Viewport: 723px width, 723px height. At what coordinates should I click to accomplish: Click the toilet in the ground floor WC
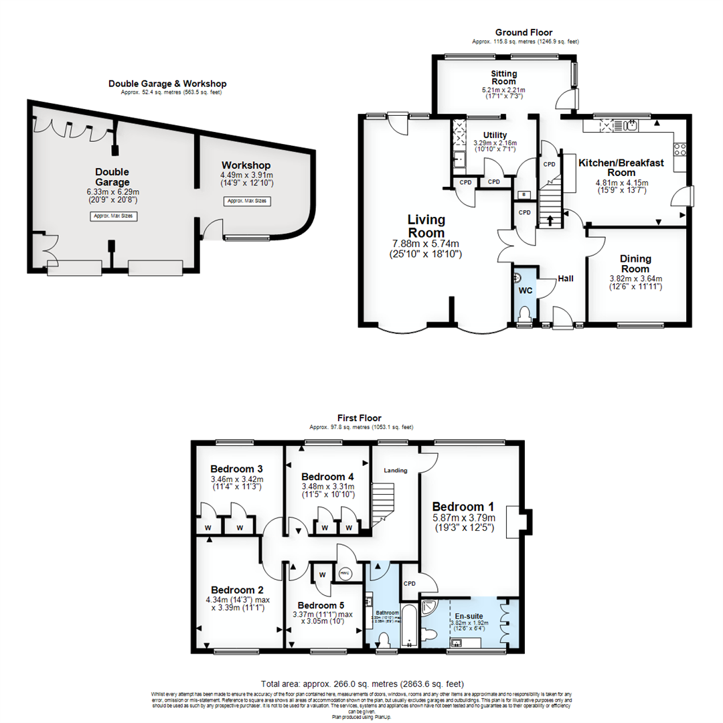click(524, 314)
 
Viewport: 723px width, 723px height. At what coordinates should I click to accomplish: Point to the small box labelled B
click(523, 195)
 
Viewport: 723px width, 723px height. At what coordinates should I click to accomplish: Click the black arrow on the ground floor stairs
click(551, 220)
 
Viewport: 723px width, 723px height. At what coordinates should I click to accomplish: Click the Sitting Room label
click(504, 77)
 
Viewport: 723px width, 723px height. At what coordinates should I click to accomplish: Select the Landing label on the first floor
click(395, 471)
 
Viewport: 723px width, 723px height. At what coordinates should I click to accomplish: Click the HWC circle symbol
click(345, 574)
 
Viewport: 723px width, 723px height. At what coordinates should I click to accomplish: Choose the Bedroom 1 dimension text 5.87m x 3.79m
click(463, 517)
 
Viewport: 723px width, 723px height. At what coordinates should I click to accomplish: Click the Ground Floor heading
click(524, 32)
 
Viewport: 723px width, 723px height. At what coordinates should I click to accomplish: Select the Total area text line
click(362, 684)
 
